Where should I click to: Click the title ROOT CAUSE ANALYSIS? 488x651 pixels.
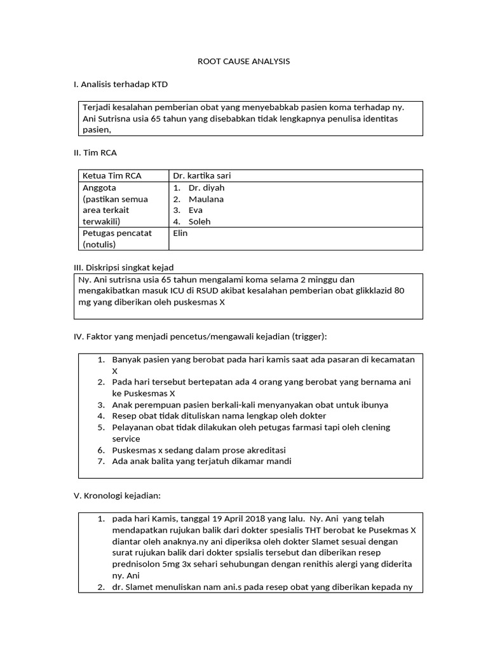coord(244,61)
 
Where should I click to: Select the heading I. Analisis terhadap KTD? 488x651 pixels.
coord(121,84)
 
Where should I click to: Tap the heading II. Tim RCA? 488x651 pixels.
coord(95,153)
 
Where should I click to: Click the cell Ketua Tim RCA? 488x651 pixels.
coord(112,176)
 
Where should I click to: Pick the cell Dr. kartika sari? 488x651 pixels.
coord(207,176)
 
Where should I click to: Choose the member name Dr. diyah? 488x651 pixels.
coord(206,188)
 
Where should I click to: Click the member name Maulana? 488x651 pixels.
coord(206,199)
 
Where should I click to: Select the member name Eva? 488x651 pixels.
coord(196,210)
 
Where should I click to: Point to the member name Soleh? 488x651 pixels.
coord(200,222)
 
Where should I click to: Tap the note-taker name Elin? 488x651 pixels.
coord(180,233)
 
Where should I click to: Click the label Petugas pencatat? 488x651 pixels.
coord(117,233)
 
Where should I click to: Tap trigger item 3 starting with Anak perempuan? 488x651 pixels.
coord(250,404)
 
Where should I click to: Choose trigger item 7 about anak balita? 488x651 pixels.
coord(201,462)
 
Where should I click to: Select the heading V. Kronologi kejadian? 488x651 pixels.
coord(121,496)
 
